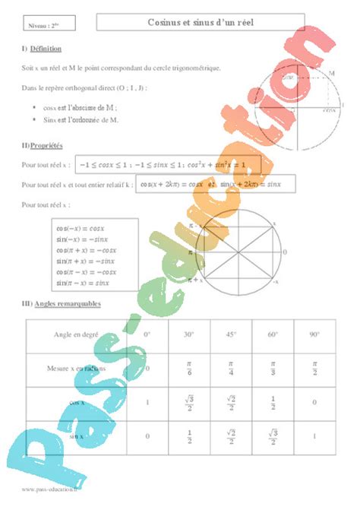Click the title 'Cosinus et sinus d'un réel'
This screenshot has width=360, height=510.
point(202,24)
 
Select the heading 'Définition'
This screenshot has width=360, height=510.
point(46,49)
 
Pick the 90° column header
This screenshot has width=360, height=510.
point(313,334)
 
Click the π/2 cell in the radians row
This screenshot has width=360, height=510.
point(313,369)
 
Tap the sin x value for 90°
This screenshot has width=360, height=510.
point(313,436)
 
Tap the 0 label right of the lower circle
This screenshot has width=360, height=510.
point(285,252)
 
